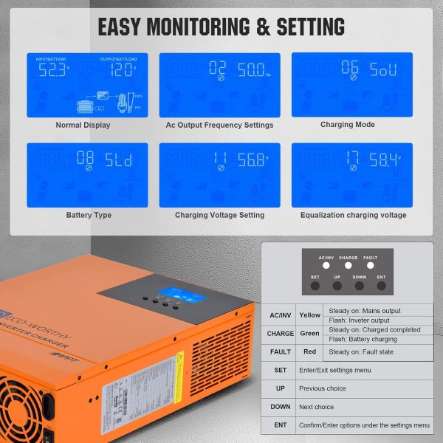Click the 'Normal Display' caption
coord(83,126)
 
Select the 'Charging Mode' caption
coord(347,125)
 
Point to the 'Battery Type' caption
coord(83,216)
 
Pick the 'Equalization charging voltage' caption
coord(353,216)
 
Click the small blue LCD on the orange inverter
coord(177,292)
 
